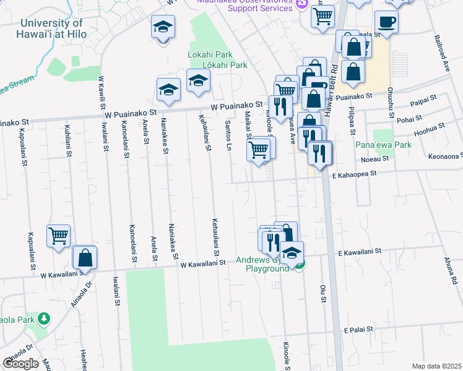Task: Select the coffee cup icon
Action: pyautogui.click(x=386, y=22)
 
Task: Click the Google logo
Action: pyautogui.click(x=20, y=364)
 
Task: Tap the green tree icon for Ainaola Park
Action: pyautogui.click(x=43, y=318)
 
